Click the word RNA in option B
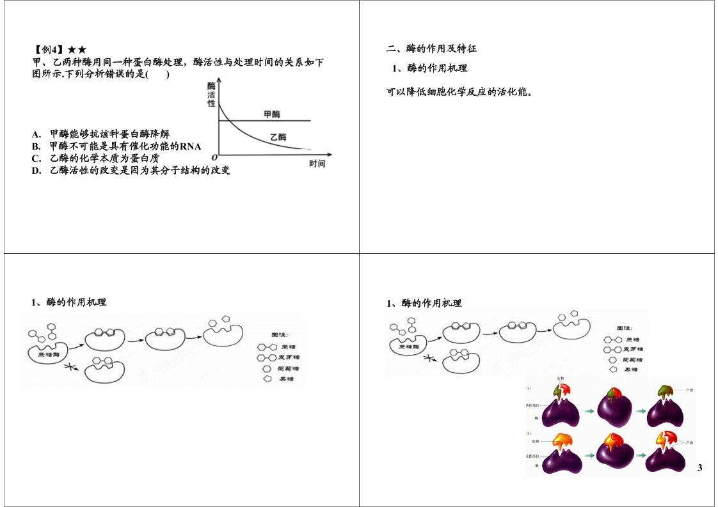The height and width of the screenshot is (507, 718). [190, 146]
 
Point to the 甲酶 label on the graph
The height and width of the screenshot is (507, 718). [271, 114]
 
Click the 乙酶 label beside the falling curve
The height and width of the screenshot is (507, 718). [278, 136]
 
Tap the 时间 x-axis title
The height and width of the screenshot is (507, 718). [317, 164]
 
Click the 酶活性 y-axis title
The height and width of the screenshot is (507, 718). [211, 95]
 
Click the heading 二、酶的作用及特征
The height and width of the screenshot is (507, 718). [431, 49]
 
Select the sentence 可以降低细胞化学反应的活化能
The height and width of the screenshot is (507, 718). [459, 92]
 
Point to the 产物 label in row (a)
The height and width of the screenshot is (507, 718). [689, 389]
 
